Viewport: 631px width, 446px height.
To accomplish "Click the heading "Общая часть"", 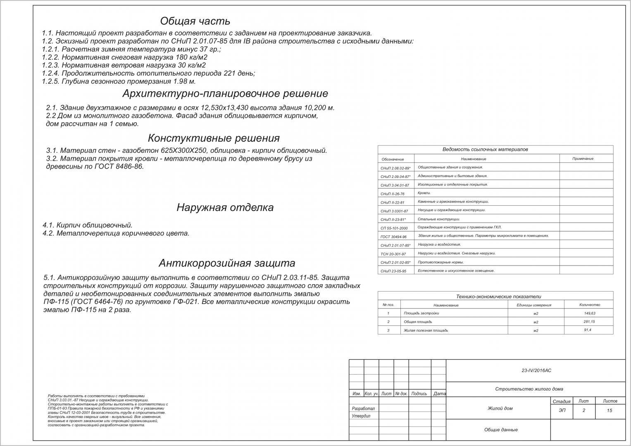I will click(x=195, y=21).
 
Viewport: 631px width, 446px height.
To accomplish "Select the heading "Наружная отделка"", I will click(x=225, y=207).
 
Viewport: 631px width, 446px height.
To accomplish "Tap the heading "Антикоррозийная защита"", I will click(x=227, y=263).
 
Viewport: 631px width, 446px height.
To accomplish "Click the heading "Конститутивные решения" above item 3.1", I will click(x=214, y=138).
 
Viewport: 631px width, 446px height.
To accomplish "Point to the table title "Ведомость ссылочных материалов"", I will click(x=485, y=149).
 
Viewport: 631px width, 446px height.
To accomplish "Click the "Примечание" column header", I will click(x=583, y=159).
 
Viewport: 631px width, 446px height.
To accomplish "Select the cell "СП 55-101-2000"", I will click(x=394, y=228).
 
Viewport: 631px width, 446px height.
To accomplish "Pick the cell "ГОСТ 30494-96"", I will click(x=393, y=237).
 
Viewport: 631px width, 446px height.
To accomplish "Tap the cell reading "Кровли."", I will click(x=424, y=193).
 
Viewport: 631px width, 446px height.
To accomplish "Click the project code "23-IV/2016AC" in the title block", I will click(x=536, y=370).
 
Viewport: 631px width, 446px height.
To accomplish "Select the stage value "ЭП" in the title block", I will click(x=562, y=410).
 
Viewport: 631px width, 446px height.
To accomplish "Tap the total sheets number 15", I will click(x=610, y=410).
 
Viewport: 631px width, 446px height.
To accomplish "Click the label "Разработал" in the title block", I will click(x=363, y=408).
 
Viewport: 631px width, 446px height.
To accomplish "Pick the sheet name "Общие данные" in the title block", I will click(x=501, y=430).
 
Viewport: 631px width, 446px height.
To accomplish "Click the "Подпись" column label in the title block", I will click(x=419, y=394).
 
